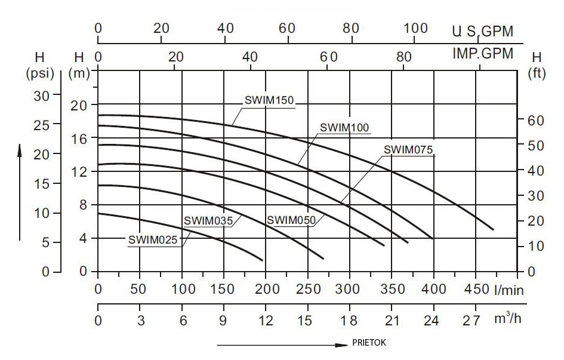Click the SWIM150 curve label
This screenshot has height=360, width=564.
point(269,100)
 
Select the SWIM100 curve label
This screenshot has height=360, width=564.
point(344,127)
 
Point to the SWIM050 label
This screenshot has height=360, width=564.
point(291,220)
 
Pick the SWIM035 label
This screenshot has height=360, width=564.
point(208,220)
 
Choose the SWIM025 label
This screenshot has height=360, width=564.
point(152,240)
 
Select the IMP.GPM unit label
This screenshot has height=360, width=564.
point(483,54)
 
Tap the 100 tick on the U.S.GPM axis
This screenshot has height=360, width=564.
point(416,28)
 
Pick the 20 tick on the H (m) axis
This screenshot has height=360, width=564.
point(79,105)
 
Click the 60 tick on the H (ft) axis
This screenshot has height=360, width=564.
point(536,121)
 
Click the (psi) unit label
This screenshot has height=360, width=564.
point(40,73)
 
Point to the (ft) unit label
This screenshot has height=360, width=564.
point(537,73)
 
